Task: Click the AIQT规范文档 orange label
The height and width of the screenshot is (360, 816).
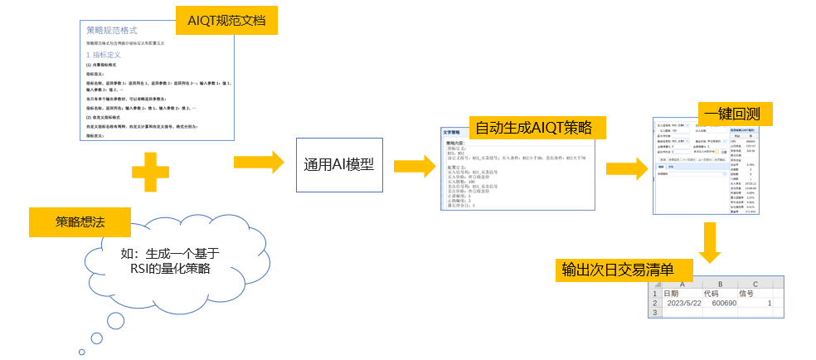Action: point(226,20)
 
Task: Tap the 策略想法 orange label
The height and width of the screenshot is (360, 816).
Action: point(79,222)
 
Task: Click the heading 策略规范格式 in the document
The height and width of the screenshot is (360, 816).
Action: point(118,30)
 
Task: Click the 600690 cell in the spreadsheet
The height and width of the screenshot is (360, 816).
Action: point(721,304)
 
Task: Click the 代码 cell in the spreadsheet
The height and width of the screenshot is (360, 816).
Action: point(711,293)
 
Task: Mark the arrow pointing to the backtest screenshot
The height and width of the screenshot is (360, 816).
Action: point(627,168)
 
